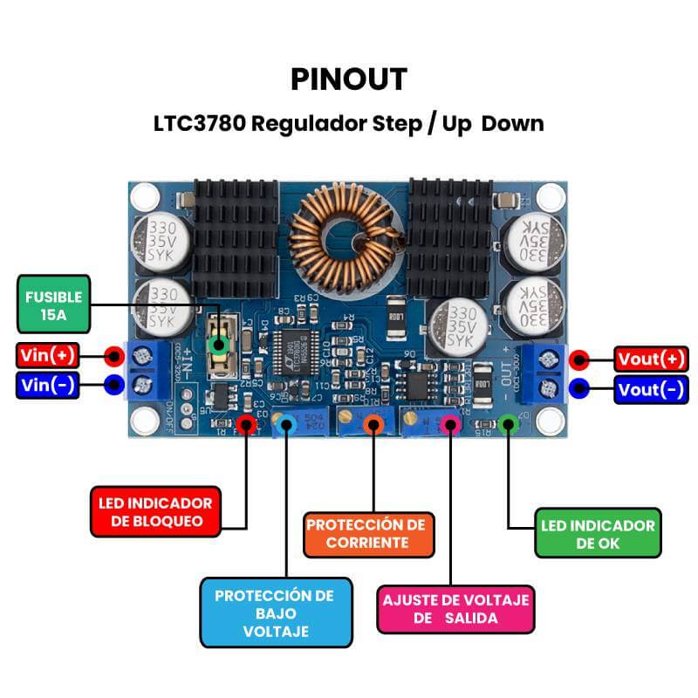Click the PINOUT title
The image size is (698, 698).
pos(348,79)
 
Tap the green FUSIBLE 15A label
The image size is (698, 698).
pos(54,305)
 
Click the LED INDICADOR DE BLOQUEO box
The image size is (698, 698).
pos(156,512)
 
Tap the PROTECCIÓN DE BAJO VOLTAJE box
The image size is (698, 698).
pos(275,612)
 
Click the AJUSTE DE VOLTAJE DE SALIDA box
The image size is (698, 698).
pos(455,609)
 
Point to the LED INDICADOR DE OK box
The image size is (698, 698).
pos(597,534)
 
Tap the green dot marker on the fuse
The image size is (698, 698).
pos(219,346)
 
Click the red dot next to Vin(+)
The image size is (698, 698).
pos(113,356)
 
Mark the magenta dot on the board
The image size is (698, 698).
pos(450,425)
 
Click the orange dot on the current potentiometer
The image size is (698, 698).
pos(374,425)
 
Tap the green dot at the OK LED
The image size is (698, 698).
pos(509,425)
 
